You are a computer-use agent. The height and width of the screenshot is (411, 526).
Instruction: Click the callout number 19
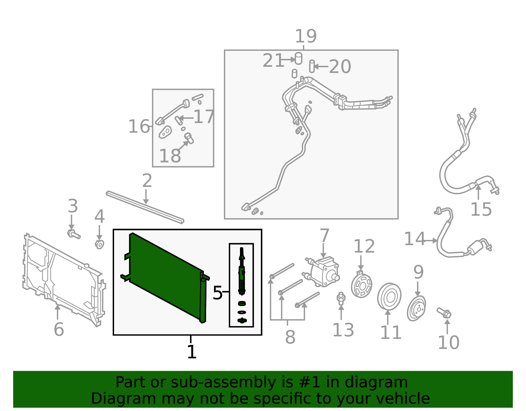click(306, 36)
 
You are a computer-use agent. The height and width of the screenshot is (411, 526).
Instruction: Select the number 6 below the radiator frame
click(59, 329)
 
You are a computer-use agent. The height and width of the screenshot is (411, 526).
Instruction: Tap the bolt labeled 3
click(74, 234)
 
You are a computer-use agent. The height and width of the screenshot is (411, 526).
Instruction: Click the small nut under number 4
click(100, 244)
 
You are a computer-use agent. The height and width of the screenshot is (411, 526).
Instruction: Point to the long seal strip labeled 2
click(145, 207)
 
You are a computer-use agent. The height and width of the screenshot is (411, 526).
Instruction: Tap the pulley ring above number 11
click(389, 296)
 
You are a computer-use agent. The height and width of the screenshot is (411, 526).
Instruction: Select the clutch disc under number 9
click(416, 308)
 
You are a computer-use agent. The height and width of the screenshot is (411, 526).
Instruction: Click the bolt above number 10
click(444, 313)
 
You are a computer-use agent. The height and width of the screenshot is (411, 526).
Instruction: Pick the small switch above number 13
click(341, 298)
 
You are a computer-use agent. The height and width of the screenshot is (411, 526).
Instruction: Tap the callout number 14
click(415, 239)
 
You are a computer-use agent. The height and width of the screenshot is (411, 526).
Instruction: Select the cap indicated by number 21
click(299, 58)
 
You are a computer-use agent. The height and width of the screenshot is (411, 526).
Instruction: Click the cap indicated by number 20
click(312, 66)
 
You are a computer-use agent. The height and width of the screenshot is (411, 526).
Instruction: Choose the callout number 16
click(139, 126)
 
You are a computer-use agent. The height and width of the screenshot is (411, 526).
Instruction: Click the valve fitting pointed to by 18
click(189, 138)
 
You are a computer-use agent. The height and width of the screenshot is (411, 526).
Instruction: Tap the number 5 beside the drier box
click(217, 293)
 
